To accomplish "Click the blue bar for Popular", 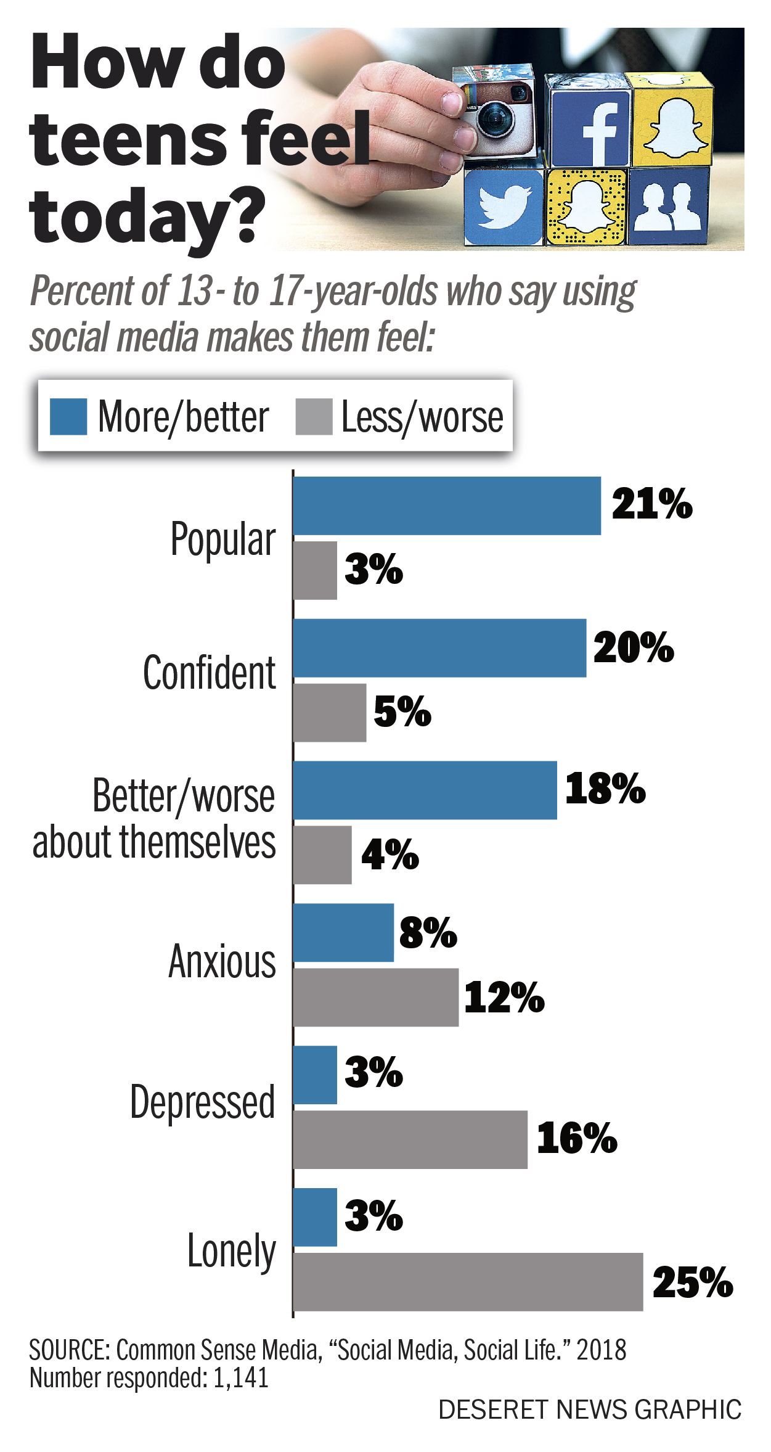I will [x=446, y=506].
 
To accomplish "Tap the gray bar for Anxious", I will [x=375, y=997].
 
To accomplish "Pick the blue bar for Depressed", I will [x=315, y=1075].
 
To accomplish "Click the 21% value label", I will [x=651, y=504].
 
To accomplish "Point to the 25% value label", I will [x=692, y=1282].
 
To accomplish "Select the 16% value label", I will [x=576, y=1138].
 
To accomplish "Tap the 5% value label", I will [x=402, y=712].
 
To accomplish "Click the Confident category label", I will [x=209, y=673].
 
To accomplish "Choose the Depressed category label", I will [x=202, y=1102].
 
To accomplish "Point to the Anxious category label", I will [x=222, y=961].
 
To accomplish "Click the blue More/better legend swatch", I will [x=68, y=417].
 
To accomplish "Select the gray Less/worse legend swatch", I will [x=314, y=417].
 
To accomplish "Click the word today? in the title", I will [x=147, y=217].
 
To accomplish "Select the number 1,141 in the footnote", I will [x=240, y=1377].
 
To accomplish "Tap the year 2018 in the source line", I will [x=601, y=1350].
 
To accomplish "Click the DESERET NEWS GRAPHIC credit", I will [x=589, y=1410].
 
